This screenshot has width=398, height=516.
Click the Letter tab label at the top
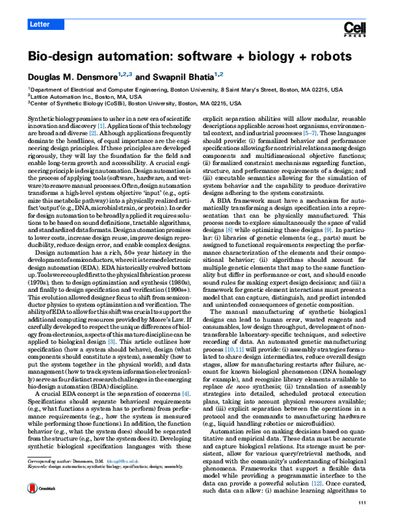(40, 25)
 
